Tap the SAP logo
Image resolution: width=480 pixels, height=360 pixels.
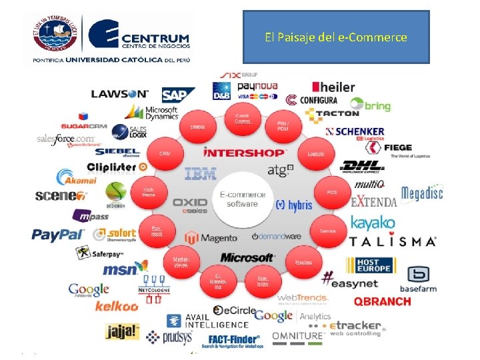tap(178, 95)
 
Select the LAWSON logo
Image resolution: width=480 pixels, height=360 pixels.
tap(120, 94)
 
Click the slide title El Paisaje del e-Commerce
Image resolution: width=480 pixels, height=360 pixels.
tap(335, 37)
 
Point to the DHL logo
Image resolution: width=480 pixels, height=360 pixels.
tap(362, 166)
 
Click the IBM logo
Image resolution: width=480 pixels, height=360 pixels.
tap(201, 174)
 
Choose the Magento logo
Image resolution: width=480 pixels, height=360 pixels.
tap(211, 237)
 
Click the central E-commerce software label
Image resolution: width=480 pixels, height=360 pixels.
tap(242, 199)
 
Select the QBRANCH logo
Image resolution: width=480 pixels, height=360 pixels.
tap(382, 301)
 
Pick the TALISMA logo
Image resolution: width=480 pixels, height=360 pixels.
tap(393, 241)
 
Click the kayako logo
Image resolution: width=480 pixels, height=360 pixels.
tap(373, 223)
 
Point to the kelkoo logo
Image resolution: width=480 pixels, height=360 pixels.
tap(117, 306)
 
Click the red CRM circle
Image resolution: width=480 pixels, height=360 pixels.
tap(164, 153)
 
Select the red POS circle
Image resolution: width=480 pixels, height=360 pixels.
tap(331, 192)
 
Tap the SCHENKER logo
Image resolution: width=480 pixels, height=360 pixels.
tap(355, 131)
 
